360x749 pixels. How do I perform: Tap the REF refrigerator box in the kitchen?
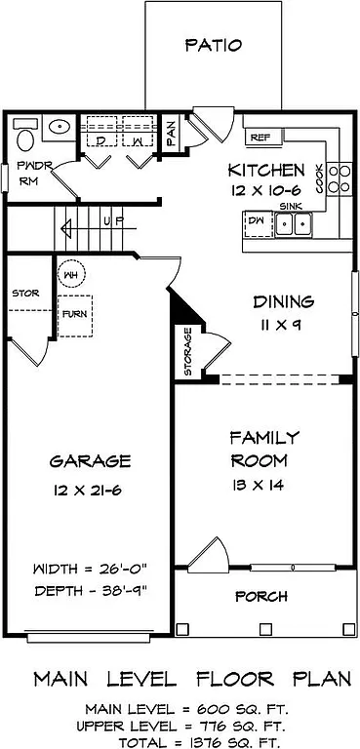(259, 138)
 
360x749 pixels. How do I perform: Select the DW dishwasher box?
(257, 223)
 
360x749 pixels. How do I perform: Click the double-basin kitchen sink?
(292, 224)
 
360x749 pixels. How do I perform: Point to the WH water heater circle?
(69, 275)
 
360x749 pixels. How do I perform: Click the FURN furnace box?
(72, 315)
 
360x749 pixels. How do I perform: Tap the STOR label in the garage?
(23, 293)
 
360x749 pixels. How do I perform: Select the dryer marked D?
(100, 140)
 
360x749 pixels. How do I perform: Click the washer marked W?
(138, 140)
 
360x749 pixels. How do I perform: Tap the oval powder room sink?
(60, 127)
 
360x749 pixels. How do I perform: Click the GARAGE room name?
(91, 460)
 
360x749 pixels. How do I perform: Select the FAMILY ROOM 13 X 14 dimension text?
(258, 485)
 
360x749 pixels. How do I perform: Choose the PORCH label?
(261, 596)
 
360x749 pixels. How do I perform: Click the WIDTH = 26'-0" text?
(90, 569)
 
